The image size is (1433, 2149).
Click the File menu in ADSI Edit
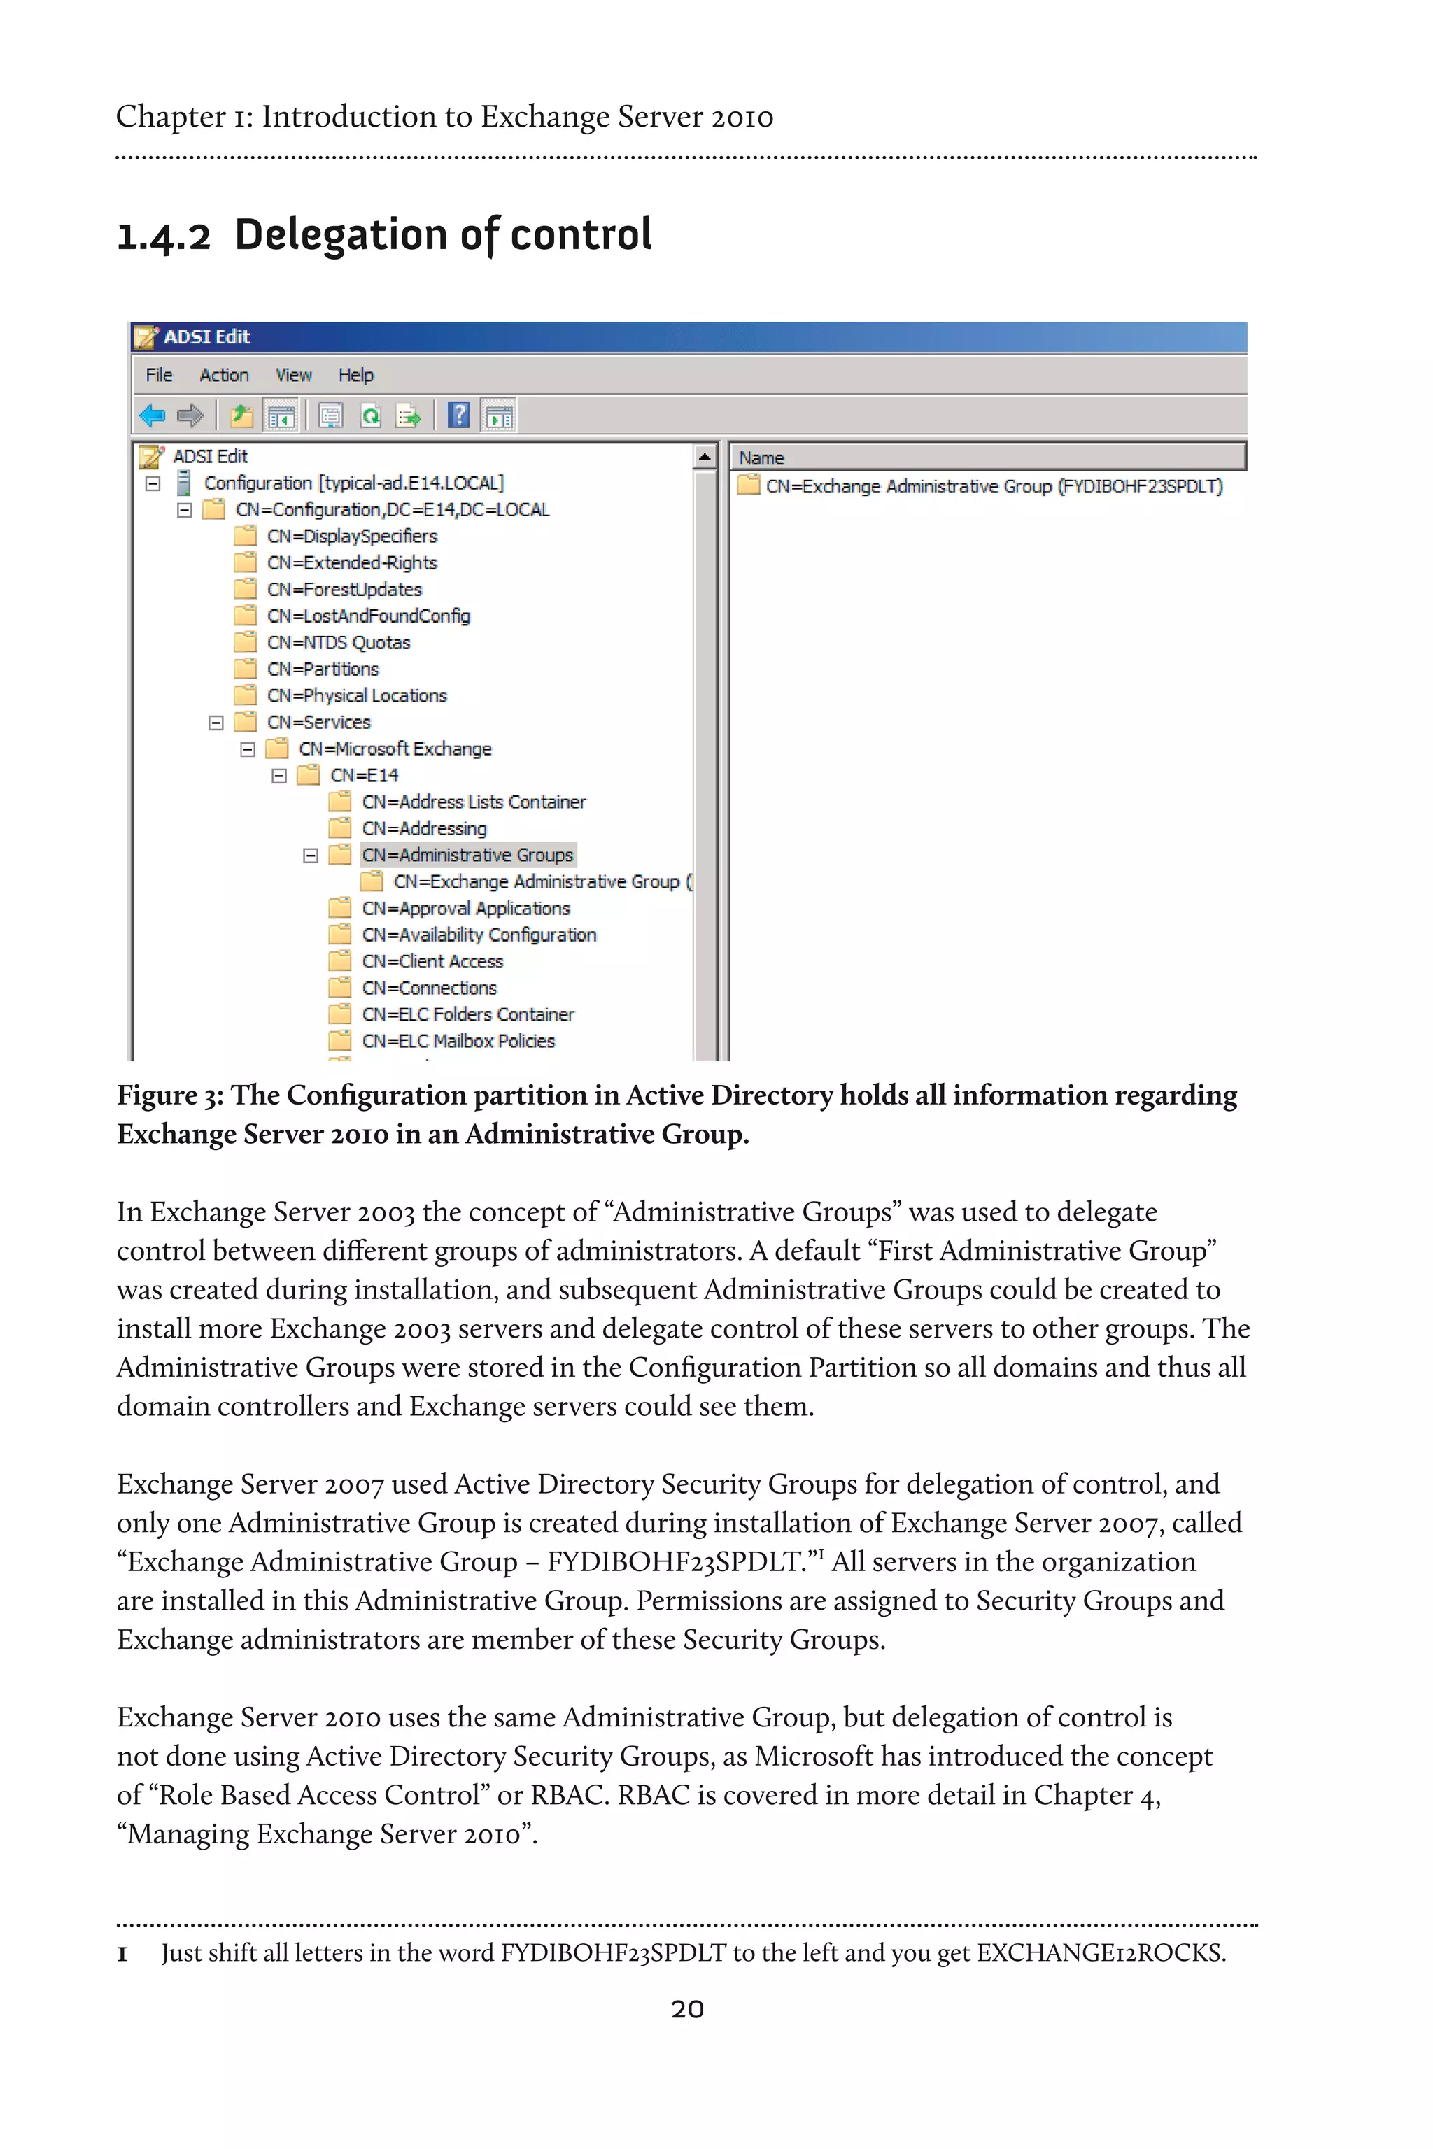[x=159, y=376]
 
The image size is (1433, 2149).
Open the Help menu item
[x=355, y=376]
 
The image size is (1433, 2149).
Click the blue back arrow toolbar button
[x=152, y=417]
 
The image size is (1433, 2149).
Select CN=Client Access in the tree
[x=432, y=961]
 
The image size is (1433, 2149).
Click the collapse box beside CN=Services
[x=216, y=723]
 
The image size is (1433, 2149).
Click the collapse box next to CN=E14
[x=278, y=776]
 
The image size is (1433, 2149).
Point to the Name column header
[x=761, y=458]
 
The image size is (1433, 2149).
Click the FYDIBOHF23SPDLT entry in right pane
[x=994, y=487]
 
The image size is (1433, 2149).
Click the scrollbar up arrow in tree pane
[x=705, y=456]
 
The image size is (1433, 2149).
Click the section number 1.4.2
[x=164, y=236]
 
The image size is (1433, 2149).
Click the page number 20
[x=687, y=2009]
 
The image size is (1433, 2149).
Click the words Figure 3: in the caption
[x=170, y=1095]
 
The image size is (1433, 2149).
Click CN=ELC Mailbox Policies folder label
[x=458, y=1041]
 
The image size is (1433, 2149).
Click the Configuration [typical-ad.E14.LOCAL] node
[x=353, y=483]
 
